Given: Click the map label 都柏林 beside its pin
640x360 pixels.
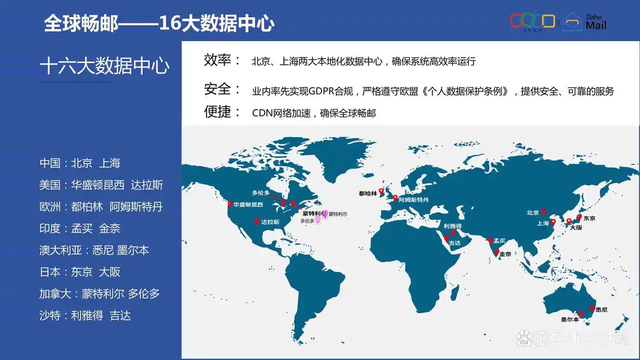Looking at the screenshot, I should pos(368,194).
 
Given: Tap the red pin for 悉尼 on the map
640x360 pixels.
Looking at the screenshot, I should pos(592,308).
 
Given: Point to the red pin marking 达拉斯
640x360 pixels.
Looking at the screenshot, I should pos(257,221).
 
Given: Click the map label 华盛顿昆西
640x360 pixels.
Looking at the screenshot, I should pos(248,204).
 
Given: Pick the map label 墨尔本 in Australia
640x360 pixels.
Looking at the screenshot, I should pos(570,319).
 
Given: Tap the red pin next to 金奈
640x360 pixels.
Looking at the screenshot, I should pos(496,252).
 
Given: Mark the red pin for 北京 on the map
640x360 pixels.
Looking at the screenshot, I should pos(544,211).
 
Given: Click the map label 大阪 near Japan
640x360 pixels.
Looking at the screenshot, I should pos(576,227).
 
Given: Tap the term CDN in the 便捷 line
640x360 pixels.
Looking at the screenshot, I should pos(262,113).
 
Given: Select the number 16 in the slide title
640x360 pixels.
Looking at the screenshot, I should pos(169,23).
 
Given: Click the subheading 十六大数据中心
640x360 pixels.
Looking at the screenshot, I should pos(105,66).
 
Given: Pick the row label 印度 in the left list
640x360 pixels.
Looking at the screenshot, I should pos(50,229).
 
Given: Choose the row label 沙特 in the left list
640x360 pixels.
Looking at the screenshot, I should pos(50,315).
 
